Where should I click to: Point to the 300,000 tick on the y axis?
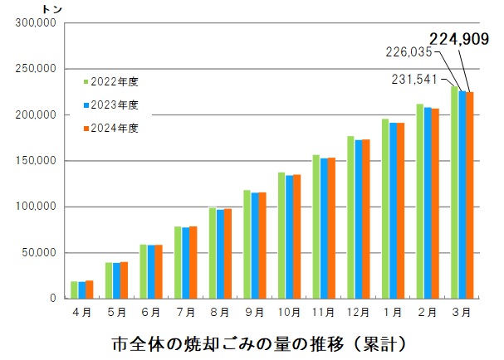(x=35, y=23)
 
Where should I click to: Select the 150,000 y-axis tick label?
(x=35, y=161)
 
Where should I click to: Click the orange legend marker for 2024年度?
(x=86, y=128)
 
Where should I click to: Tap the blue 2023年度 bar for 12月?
(x=358, y=219)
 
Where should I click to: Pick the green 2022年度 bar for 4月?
(x=74, y=289)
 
